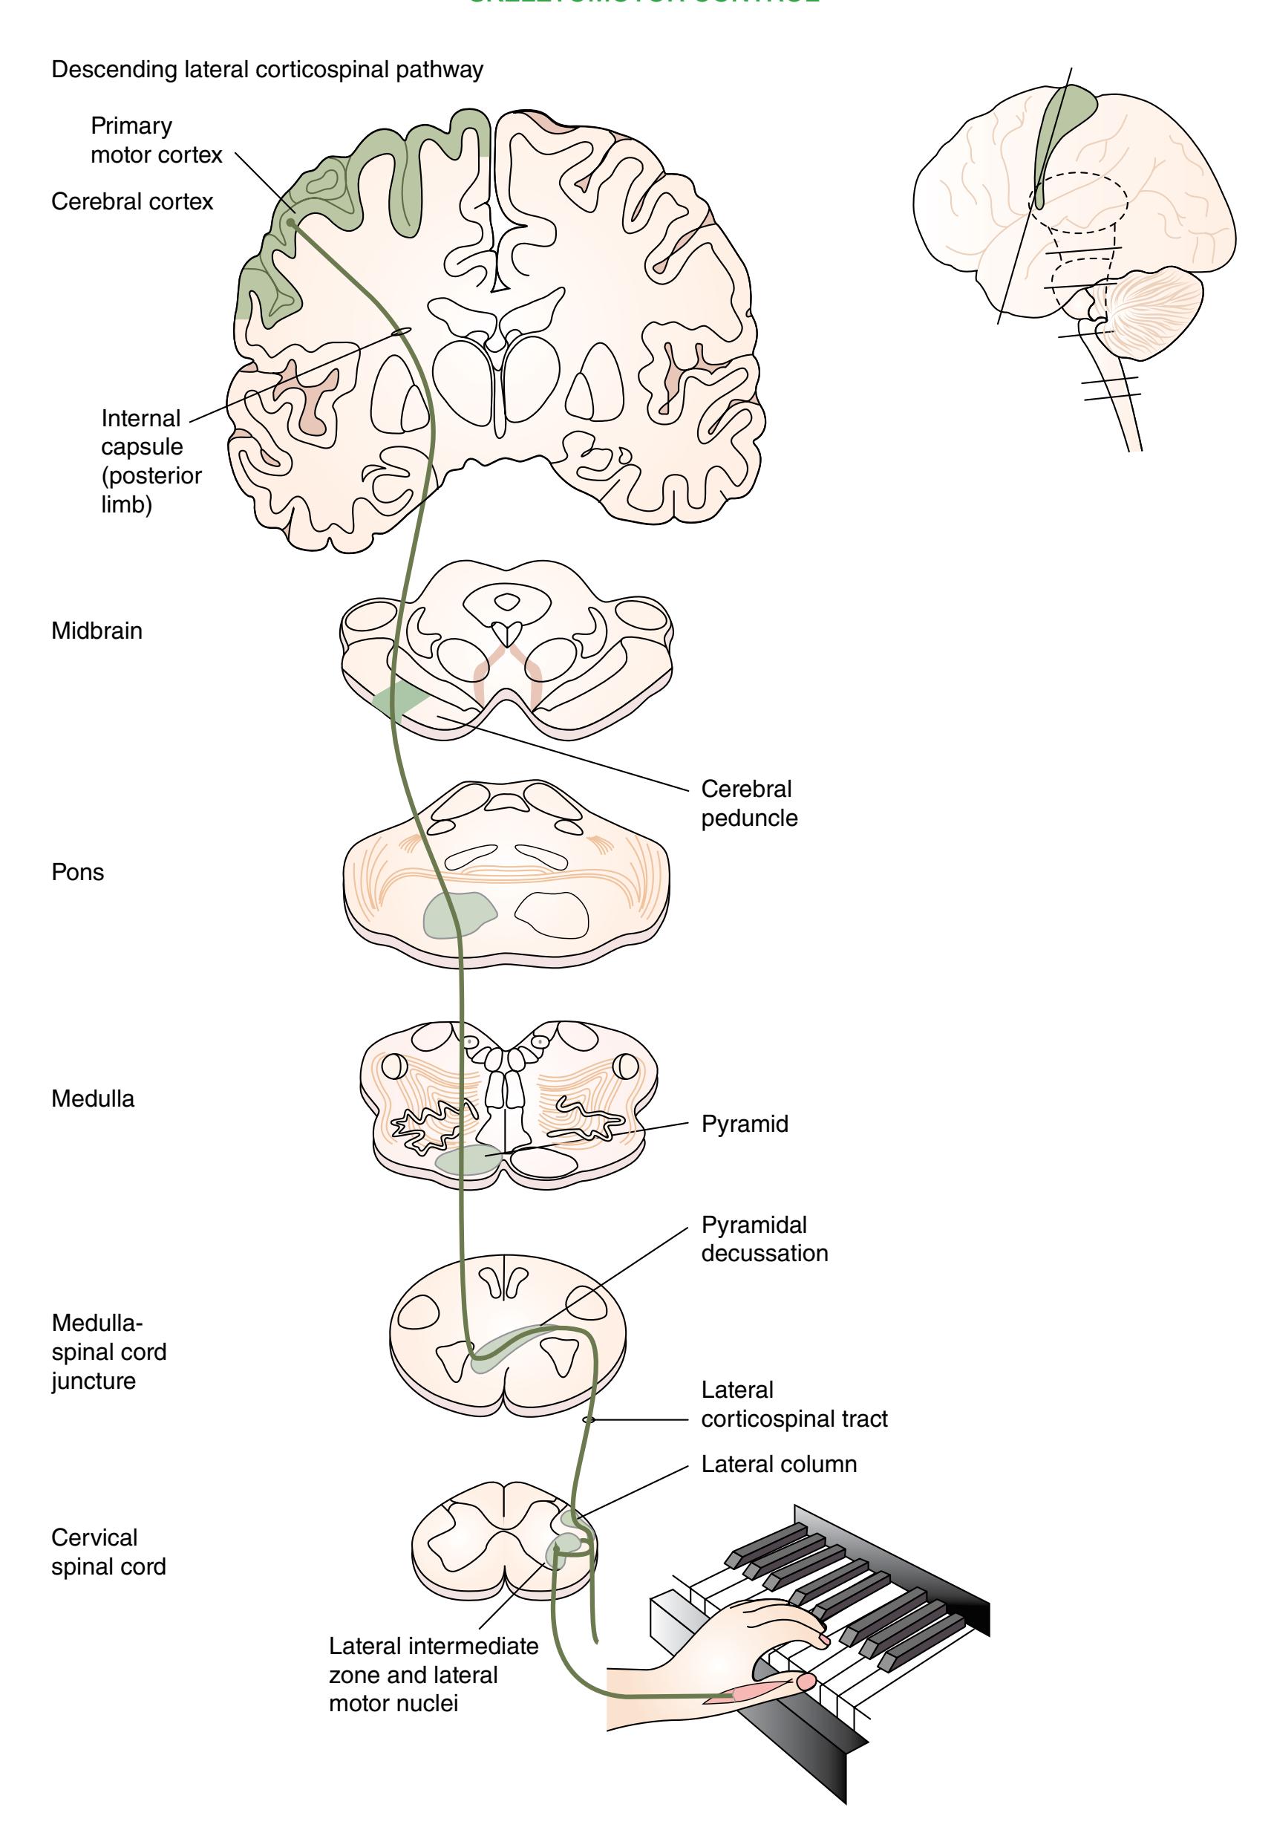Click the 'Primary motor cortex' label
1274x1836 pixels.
[156, 140]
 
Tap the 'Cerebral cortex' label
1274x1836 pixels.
[131, 201]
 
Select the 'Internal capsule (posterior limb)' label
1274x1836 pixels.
[151, 460]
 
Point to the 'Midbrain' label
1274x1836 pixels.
[97, 631]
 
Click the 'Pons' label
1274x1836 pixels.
[77, 872]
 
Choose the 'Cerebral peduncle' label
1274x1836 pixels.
[749, 804]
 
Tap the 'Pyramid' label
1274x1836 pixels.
[745, 1124]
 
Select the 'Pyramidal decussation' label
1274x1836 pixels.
[764, 1239]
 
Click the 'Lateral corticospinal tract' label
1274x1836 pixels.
[794, 1404]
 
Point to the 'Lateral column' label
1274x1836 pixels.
[778, 1464]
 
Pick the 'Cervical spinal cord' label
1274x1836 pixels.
[108, 1552]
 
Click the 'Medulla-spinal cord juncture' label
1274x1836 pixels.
[108, 1352]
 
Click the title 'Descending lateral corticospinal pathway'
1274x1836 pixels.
[267, 70]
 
